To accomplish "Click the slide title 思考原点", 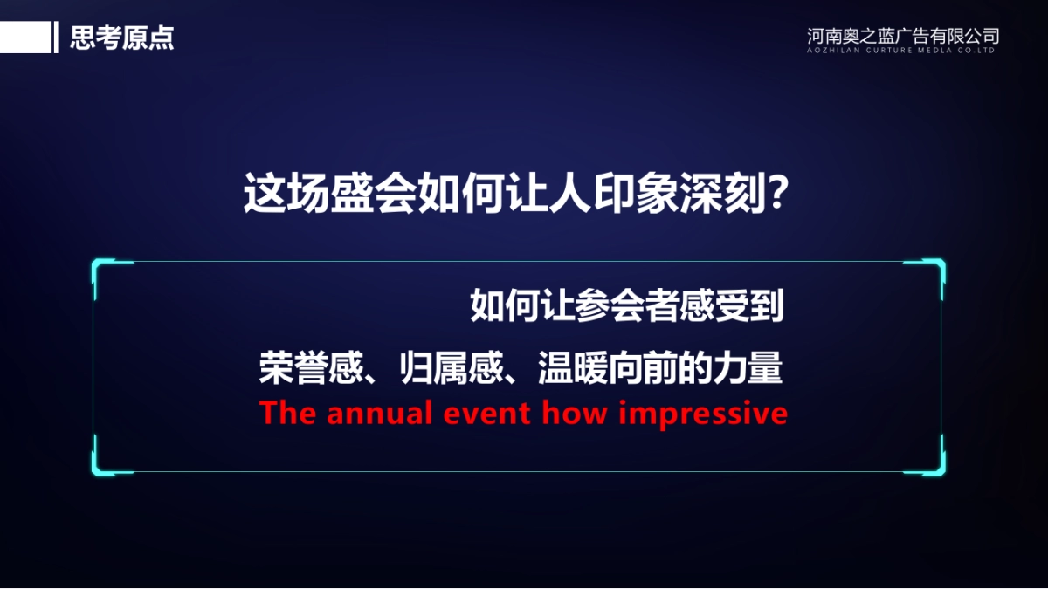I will point(121,38).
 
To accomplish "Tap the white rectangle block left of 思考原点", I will point(24,38).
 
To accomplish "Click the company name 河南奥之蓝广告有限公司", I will point(903,36).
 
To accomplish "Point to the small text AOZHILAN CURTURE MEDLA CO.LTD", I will point(903,51).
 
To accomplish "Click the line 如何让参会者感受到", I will point(626,306).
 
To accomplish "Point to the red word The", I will point(288,414).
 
